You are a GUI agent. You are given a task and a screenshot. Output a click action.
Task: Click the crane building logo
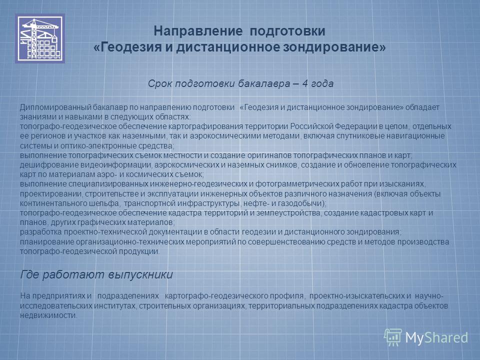[40, 38]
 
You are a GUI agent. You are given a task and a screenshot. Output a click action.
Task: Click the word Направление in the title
[198, 31]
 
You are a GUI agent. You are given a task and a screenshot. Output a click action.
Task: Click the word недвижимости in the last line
[48, 315]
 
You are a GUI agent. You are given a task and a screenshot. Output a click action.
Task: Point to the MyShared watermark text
[436, 337]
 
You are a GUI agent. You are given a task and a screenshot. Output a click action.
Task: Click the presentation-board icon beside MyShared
[393, 337]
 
